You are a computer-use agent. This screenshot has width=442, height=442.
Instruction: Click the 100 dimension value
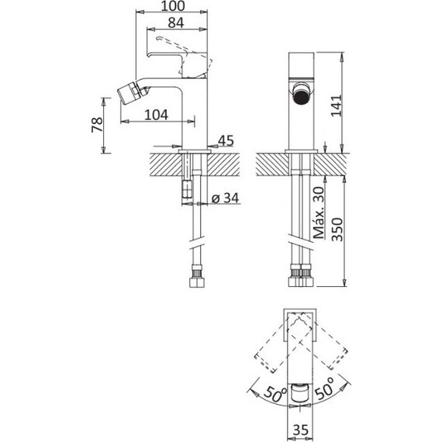click(173, 6)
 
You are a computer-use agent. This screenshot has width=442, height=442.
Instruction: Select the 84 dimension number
click(176, 22)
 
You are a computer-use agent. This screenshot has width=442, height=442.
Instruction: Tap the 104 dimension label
click(156, 115)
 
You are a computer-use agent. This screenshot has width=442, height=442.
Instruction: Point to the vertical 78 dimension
click(97, 125)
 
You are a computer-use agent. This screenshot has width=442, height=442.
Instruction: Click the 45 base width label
click(226, 140)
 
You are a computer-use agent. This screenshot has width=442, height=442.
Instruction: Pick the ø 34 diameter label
click(225, 198)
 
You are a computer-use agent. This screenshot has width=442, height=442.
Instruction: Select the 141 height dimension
click(336, 105)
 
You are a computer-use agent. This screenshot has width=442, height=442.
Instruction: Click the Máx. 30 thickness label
click(319, 212)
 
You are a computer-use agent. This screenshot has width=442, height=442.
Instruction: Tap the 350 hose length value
click(337, 230)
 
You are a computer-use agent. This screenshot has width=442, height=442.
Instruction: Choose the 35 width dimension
click(301, 430)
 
